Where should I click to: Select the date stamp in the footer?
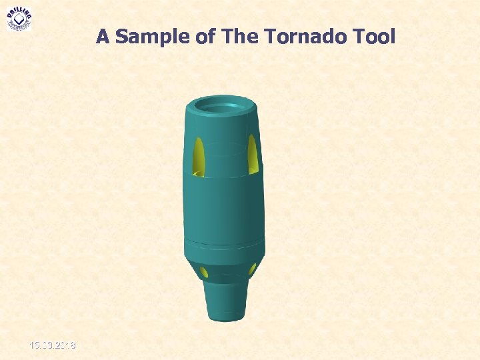coord(52,345)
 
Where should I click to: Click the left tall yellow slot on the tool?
coord(197,156)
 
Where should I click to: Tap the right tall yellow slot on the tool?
coord(253,154)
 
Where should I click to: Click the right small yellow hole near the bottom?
coord(253,269)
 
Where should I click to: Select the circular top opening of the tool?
coord(221,105)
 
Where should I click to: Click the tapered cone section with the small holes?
coord(227,270)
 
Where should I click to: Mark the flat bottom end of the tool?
coord(226,319)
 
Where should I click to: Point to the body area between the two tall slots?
coord(225,157)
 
